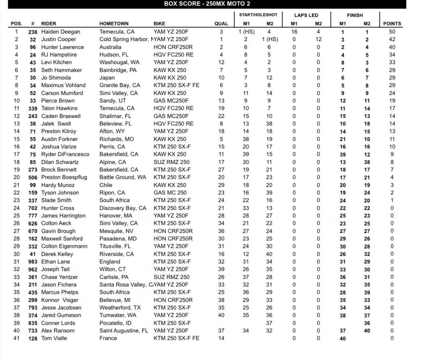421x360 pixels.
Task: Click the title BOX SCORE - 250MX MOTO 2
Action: click(x=203, y=4)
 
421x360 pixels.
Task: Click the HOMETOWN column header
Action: click(x=114, y=24)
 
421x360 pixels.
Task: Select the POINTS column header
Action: click(x=392, y=24)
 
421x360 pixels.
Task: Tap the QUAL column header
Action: click(x=221, y=24)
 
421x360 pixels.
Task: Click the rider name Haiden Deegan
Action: click(x=61, y=32)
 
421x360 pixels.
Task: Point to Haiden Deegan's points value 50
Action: click(x=392, y=32)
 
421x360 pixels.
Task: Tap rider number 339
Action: click(x=33, y=108)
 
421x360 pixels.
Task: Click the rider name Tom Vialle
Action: click(x=54, y=338)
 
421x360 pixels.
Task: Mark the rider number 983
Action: click(x=33, y=262)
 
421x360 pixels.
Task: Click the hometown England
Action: click(x=110, y=262)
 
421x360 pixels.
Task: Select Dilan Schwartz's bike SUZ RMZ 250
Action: click(x=171, y=162)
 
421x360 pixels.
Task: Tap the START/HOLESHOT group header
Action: click(x=258, y=15)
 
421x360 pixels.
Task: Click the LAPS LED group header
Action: click(x=306, y=15)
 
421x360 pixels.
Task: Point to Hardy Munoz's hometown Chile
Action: click(x=106, y=185)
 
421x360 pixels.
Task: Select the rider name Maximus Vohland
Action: click(x=63, y=85)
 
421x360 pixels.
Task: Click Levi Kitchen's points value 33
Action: click(x=392, y=62)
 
